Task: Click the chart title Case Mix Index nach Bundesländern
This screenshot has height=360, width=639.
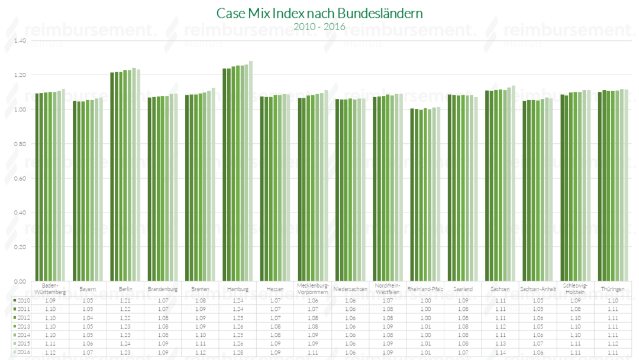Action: pos(319,13)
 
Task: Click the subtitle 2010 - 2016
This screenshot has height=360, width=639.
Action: pos(319,27)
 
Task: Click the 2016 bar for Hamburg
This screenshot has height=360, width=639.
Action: pos(251,171)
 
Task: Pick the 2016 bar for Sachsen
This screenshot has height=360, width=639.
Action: pos(513,184)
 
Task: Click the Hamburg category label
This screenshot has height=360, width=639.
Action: pos(238,289)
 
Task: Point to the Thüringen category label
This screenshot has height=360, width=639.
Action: pos(612,289)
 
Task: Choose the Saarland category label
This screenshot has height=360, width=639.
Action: pos(463,289)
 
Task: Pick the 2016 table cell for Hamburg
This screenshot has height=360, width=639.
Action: pos(238,352)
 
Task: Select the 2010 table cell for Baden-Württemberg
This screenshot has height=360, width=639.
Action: pos(50,301)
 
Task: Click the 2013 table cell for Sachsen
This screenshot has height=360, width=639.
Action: pos(501,326)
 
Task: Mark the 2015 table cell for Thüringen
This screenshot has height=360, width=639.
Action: pos(612,343)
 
